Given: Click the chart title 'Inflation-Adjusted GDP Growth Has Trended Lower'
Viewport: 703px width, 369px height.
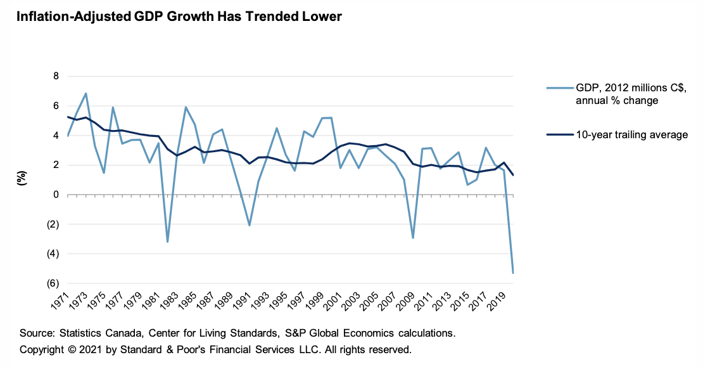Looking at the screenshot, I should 179,17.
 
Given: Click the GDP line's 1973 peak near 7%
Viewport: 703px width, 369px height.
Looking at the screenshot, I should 85,93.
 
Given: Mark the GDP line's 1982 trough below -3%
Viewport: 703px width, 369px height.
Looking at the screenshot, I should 167,242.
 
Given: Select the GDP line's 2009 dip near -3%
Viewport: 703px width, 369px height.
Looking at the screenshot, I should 413,238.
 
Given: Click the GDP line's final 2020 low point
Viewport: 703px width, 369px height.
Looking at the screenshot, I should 512,273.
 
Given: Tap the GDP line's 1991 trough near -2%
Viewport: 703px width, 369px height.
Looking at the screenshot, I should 250,226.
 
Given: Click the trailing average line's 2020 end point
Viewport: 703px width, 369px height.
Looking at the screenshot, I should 512,175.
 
